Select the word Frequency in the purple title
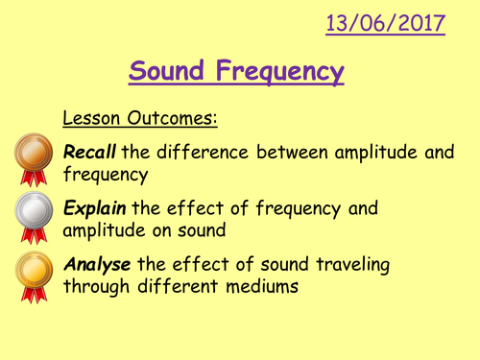[x=282, y=72]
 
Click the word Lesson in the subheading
[x=91, y=119]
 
